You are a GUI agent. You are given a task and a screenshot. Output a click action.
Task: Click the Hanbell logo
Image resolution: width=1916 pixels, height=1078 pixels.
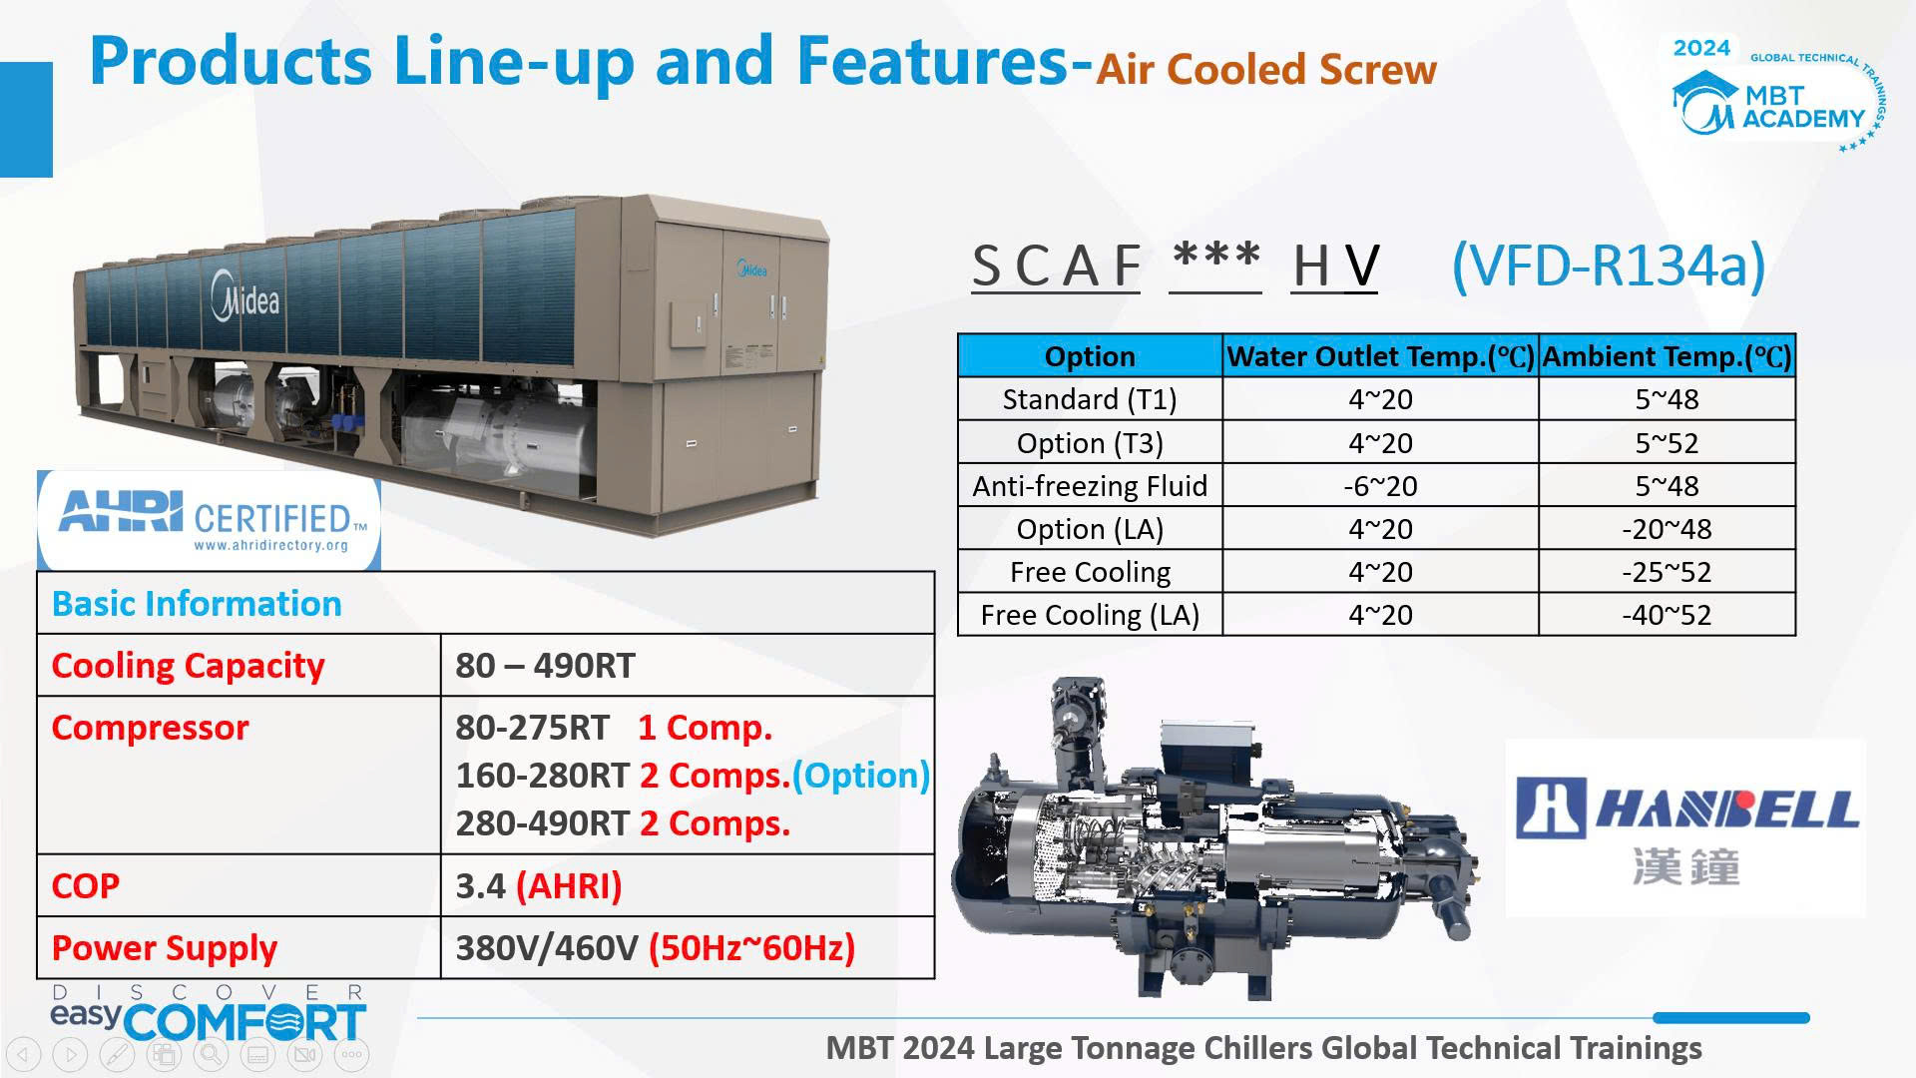[1685, 828]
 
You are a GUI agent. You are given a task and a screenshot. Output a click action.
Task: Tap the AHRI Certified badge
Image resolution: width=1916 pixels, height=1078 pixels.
[209, 521]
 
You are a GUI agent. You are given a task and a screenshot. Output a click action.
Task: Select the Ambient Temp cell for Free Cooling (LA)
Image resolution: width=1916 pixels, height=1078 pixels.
[1667, 615]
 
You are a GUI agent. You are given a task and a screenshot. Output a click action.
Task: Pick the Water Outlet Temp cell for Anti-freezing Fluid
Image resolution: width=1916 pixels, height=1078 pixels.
[1380, 486]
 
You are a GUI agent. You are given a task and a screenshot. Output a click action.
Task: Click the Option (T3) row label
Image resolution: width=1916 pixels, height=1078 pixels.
[1090, 443]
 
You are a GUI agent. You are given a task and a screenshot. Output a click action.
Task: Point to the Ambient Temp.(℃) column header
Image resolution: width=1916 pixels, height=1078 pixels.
[1667, 356]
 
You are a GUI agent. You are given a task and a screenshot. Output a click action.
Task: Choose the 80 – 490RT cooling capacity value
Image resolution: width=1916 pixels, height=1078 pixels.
[545, 666]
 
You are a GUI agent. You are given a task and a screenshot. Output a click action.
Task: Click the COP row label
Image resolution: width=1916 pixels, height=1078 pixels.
[86, 886]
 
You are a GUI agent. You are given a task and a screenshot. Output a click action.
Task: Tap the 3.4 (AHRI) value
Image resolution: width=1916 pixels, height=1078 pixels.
[539, 886]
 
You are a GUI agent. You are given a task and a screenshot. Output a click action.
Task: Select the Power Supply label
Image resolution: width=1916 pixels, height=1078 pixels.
[165, 948]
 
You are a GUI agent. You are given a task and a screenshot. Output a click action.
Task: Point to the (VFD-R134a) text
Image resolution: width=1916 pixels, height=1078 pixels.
[1609, 266]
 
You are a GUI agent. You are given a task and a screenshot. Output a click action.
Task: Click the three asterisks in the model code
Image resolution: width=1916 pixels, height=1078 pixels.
[1215, 258]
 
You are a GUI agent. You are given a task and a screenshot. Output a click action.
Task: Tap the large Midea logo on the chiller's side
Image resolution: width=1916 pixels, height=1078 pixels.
[245, 296]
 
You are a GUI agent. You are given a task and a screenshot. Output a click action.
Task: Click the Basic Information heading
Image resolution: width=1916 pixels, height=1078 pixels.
[197, 604]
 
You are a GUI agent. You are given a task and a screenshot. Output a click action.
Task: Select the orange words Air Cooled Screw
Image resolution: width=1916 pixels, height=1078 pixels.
[1266, 69]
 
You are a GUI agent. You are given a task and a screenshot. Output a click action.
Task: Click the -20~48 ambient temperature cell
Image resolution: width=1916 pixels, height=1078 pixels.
[1667, 529]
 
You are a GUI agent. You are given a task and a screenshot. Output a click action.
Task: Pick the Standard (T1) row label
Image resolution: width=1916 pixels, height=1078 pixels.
[1090, 399]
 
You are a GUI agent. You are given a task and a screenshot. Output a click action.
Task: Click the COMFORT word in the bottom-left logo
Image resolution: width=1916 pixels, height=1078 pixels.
[245, 1022]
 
